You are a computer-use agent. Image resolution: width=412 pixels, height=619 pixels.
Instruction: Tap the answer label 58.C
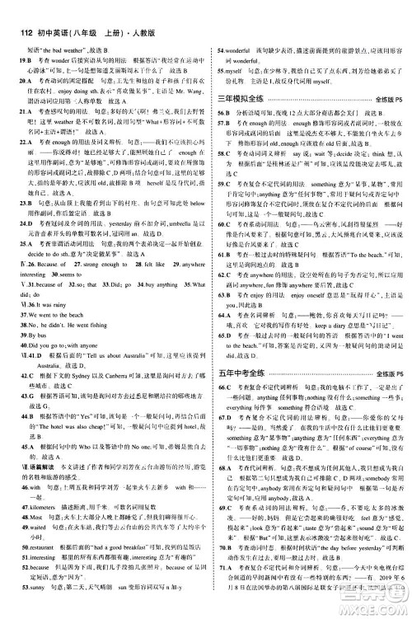point(222,154)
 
